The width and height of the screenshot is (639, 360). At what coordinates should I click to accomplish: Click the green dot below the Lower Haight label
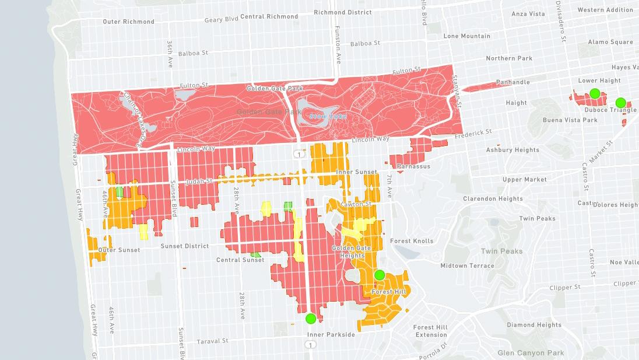click(x=594, y=93)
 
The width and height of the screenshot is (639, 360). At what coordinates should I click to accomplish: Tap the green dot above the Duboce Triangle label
click(x=620, y=102)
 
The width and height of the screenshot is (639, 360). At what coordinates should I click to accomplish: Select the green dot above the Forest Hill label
click(x=380, y=275)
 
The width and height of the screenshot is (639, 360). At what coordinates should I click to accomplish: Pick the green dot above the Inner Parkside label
click(x=311, y=319)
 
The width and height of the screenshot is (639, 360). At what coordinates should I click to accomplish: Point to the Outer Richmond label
click(x=128, y=22)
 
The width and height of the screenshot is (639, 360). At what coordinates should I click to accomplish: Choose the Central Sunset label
click(x=240, y=260)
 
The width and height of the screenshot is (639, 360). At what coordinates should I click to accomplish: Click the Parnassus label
click(x=413, y=166)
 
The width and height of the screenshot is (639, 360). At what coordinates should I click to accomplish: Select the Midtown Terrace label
click(x=467, y=265)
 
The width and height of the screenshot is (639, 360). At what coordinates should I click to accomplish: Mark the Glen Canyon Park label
click(x=531, y=353)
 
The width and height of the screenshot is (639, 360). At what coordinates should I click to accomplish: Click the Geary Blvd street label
click(x=221, y=19)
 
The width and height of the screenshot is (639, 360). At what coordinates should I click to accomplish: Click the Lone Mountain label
click(x=466, y=36)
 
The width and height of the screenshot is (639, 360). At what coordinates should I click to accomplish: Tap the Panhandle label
click(x=512, y=82)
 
